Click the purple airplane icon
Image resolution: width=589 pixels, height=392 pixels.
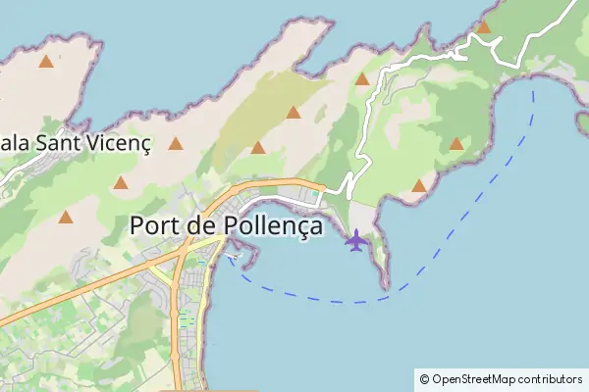point(355,239)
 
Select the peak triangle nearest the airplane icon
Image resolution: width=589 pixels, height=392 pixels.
point(419,185)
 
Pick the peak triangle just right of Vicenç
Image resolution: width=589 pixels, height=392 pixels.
point(176,144)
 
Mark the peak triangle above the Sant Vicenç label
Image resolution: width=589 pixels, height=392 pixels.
point(45,63)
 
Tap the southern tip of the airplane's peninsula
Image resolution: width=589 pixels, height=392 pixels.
point(386,286)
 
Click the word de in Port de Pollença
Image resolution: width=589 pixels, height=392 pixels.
point(200,225)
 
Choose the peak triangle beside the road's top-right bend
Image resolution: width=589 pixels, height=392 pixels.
point(483,26)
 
